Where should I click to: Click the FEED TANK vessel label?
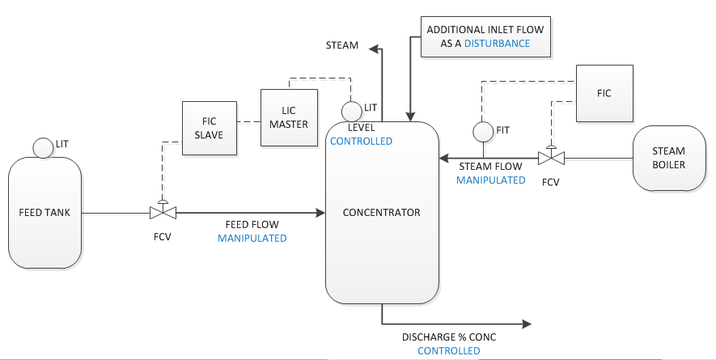44,213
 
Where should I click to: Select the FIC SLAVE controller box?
210,128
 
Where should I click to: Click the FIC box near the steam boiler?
604,92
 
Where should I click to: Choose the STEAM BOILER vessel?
668,158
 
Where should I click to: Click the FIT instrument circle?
483,130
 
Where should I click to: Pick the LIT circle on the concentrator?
351,110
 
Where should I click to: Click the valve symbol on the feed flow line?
163,213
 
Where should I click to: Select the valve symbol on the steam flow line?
551,158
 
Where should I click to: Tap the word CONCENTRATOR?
382,213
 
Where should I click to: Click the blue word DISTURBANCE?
497,43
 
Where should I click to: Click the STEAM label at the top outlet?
342,45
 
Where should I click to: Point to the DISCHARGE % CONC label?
448,337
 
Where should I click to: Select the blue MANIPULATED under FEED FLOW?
252,239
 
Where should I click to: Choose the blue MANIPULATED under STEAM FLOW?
490,180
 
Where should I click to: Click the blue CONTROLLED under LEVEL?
361,141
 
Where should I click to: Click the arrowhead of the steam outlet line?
375,49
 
